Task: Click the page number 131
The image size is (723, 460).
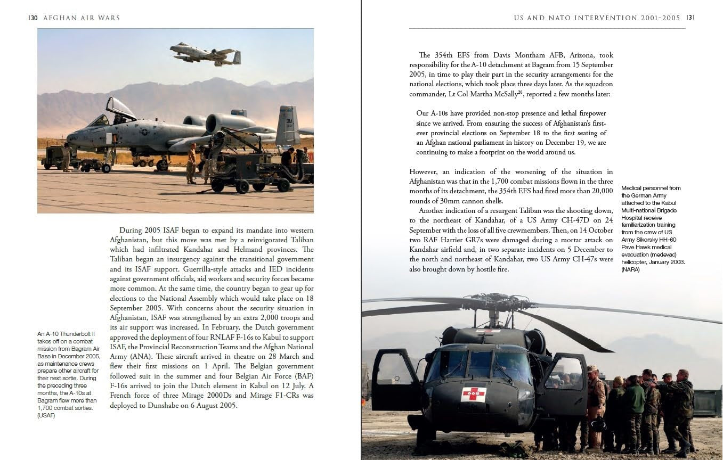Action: point(691,18)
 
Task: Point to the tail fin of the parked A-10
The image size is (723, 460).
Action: point(287,125)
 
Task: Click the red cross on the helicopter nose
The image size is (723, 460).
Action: point(473,395)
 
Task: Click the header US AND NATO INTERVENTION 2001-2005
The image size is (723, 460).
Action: point(597,18)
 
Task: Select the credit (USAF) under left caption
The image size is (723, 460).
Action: point(46,416)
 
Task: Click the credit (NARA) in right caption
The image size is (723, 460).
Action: point(631,270)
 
